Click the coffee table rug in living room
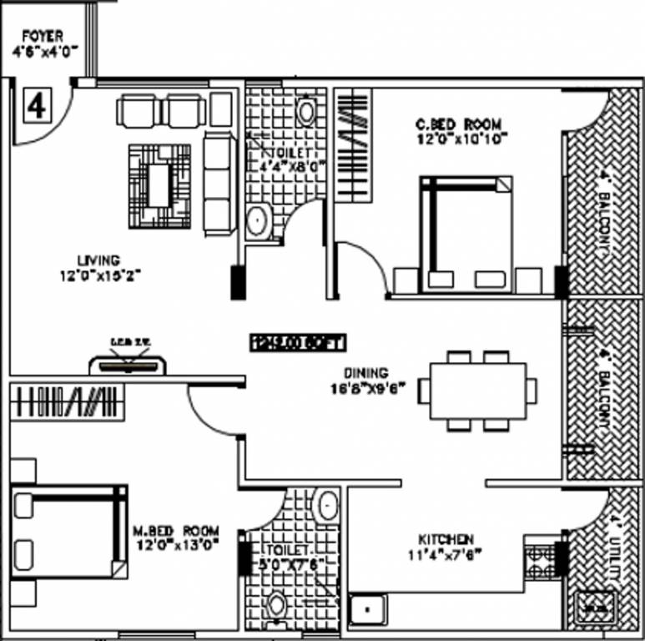tap(159, 186)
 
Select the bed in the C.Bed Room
tap(466, 233)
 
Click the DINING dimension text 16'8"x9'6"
tap(366, 387)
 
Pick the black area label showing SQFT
tap(298, 341)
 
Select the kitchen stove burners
tap(540, 562)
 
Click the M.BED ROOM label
tap(176, 531)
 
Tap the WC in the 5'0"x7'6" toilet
tap(277, 605)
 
